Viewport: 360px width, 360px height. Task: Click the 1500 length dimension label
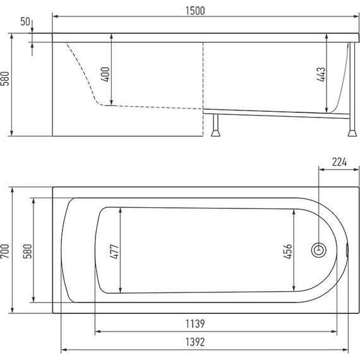(x=195, y=11)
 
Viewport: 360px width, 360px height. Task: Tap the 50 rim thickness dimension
(x=25, y=21)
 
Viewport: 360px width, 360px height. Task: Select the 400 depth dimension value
(x=105, y=74)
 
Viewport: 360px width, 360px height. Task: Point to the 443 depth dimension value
(x=321, y=74)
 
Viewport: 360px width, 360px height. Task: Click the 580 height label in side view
(x=5, y=78)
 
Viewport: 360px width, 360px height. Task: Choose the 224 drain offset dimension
(x=339, y=162)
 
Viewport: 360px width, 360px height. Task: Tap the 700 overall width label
(x=5, y=251)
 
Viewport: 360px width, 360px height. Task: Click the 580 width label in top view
(x=28, y=251)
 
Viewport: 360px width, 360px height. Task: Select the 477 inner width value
(x=114, y=251)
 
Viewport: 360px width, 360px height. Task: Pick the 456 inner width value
(x=287, y=251)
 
